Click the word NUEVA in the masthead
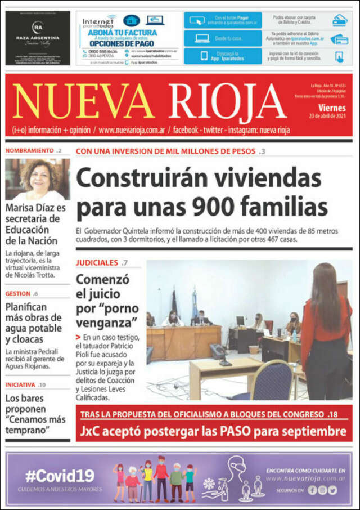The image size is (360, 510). pos(83,102)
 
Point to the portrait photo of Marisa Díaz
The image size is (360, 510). pos(38,179)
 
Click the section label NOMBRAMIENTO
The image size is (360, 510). pos(29,151)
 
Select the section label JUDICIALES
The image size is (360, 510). pos(97,262)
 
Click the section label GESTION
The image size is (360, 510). pos(18,294)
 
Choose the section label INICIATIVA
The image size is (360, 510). pos(20,385)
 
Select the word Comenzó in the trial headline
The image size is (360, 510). pos(102,280)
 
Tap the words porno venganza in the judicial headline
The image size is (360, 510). pos(107,315)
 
